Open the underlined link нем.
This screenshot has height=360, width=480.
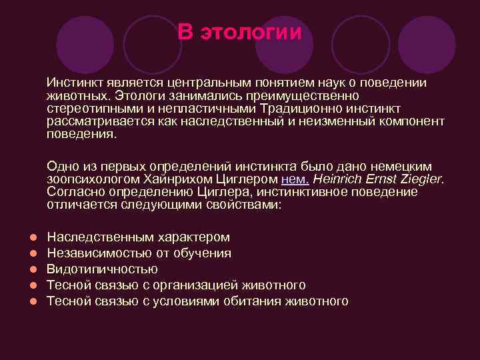(x=294, y=179)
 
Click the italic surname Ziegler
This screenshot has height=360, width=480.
(x=421, y=179)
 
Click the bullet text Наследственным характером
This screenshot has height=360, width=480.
(x=139, y=237)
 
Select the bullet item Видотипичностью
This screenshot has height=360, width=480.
(x=102, y=269)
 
